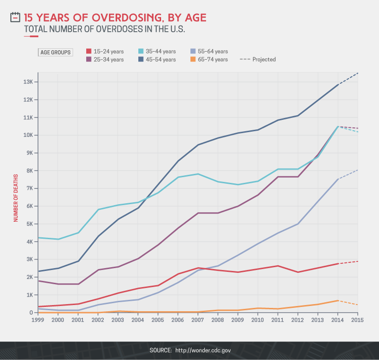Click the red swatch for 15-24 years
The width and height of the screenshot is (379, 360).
coord(89,51)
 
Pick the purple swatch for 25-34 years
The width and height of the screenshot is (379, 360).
coord(89,60)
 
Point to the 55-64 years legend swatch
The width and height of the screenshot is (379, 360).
coord(192,51)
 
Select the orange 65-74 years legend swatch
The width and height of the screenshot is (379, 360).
coord(192,60)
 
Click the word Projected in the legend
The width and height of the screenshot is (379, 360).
coord(264,60)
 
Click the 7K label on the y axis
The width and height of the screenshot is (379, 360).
coord(29,189)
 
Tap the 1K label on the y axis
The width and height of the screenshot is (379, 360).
coord(29,295)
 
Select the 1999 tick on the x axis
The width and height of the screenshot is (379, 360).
coord(38,320)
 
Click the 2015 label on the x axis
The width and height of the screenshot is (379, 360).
coord(357,320)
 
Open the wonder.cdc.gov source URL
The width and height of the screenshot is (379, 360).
coord(203,350)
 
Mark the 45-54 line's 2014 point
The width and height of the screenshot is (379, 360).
coord(337,85)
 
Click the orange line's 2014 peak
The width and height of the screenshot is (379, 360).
coord(337,300)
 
